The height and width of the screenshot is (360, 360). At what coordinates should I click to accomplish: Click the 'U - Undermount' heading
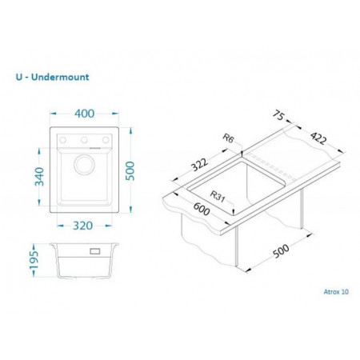click(53, 77)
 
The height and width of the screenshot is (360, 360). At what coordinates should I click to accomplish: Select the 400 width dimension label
click(84, 114)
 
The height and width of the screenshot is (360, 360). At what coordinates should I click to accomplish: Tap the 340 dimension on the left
click(40, 177)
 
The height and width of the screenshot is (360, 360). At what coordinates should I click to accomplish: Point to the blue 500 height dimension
click(130, 171)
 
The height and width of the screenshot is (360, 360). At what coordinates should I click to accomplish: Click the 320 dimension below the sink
click(83, 226)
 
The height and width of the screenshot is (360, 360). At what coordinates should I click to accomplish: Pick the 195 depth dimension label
click(34, 260)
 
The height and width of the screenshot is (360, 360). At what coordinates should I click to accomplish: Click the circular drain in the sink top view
click(84, 165)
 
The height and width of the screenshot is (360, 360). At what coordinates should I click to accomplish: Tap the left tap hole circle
click(63, 140)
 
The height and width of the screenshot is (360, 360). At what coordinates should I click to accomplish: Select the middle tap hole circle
click(84, 140)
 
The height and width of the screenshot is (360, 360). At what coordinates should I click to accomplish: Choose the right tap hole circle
click(106, 140)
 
